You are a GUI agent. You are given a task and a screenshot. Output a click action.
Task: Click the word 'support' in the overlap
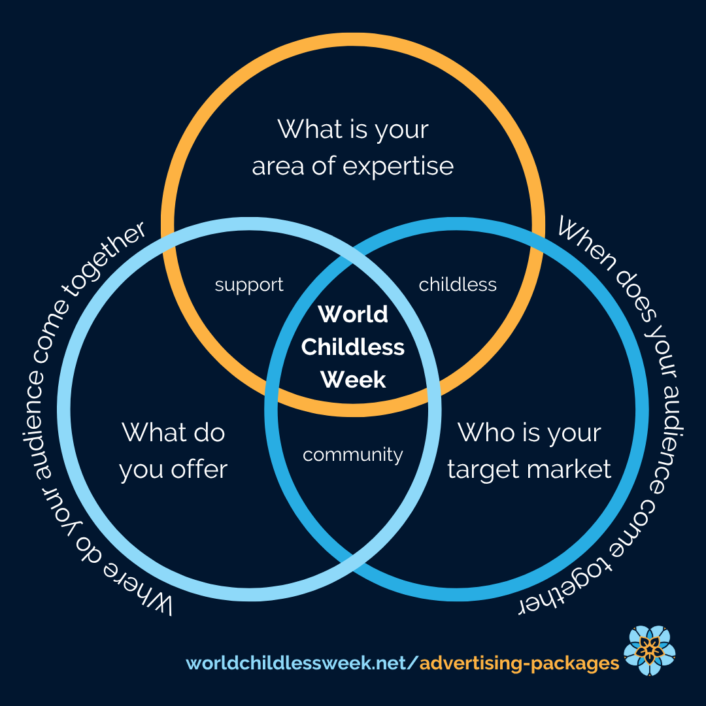(249, 286)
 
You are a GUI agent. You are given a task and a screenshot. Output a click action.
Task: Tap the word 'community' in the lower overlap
(353, 454)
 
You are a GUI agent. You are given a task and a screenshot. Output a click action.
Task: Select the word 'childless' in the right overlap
(458, 285)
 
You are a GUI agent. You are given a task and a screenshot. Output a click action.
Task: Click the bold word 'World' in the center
(353, 314)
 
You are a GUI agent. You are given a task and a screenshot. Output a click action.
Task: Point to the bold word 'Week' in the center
(353, 379)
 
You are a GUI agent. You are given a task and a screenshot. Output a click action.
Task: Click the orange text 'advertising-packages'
(519, 664)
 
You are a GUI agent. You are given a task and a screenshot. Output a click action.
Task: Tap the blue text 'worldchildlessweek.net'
(295, 664)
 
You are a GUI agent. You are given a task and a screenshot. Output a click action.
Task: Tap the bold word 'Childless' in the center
(353, 347)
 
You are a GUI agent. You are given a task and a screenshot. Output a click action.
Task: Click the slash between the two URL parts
(412, 664)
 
